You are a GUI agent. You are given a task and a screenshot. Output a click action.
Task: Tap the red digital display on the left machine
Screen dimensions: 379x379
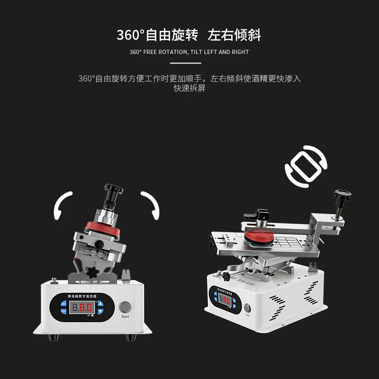pos(83,308)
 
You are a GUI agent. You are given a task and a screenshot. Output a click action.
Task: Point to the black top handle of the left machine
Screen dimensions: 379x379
pos(114,190)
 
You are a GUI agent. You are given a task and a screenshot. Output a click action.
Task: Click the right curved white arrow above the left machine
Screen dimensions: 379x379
pos(150,204)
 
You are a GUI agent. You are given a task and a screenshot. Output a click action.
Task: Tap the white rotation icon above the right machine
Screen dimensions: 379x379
pos(306,166)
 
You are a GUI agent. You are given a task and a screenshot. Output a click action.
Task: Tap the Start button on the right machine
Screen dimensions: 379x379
pos(246,305)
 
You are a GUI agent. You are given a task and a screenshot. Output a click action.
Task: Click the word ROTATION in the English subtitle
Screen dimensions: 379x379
pos(174,52)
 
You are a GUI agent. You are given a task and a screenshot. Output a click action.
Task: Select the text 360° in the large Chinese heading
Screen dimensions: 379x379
pos(130,35)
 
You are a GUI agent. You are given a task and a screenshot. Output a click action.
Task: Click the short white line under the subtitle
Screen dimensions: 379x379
pos(185,63)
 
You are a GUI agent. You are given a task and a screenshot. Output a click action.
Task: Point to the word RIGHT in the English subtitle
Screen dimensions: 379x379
pos(240,52)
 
